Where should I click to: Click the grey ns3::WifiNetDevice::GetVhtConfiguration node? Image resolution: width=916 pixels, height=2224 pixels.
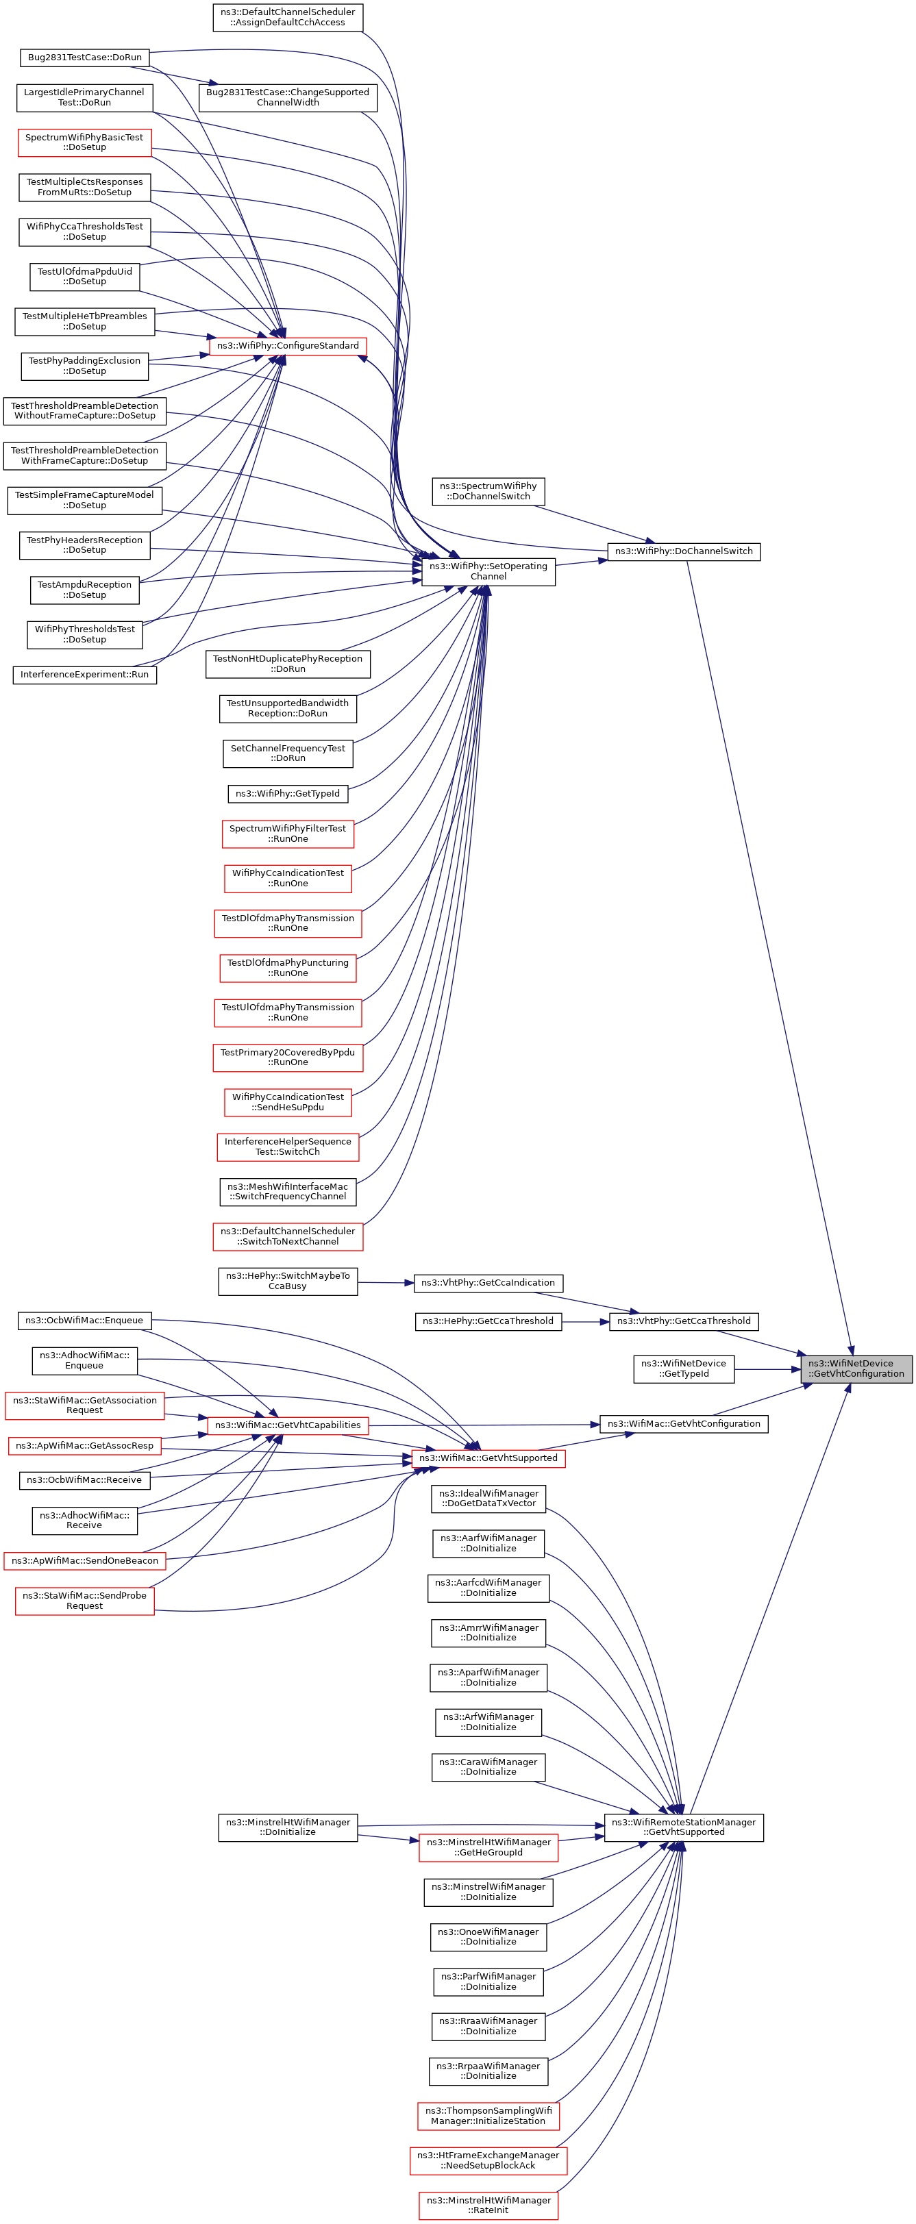pos(856,1369)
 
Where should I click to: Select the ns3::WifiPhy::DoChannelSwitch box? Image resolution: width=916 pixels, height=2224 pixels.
pos(684,551)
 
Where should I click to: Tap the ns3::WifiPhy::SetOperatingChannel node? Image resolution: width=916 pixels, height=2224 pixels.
pos(488,571)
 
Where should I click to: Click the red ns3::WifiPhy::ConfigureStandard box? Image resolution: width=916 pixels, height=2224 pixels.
pos(288,346)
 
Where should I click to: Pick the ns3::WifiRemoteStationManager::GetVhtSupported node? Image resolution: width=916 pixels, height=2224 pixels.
pos(684,1827)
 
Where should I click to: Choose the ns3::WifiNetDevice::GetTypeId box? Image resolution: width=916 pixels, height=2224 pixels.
pos(684,1369)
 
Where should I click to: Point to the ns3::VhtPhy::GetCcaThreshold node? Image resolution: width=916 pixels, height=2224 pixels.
pos(684,1321)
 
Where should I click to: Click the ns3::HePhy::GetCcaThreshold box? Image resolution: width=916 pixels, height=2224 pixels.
pos(488,1321)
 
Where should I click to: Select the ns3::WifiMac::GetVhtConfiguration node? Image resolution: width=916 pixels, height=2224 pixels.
pos(684,1424)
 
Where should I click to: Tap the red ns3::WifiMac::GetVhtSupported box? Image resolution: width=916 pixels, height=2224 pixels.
pos(488,1458)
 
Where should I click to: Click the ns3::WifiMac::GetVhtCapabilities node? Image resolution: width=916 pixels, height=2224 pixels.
pos(288,1425)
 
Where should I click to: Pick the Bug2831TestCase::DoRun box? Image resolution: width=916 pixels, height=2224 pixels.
pos(84,58)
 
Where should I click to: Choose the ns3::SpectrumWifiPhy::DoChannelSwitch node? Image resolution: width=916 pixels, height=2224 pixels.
pos(488,491)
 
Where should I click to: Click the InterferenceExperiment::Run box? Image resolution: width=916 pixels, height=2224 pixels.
pos(84,674)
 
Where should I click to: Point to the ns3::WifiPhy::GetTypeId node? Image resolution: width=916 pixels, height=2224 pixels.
pos(288,793)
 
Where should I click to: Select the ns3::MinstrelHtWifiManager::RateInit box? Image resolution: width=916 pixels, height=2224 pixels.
pos(488,2205)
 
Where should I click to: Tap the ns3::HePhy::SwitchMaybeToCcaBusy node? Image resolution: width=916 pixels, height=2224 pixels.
pos(288,1282)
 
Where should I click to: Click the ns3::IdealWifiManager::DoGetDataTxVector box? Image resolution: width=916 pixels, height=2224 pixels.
pos(488,1498)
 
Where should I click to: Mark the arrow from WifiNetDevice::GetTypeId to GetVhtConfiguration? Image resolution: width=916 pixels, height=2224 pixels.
pos(767,1369)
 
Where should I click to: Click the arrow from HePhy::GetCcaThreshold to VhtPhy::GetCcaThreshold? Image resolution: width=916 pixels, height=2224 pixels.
pos(585,1322)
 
